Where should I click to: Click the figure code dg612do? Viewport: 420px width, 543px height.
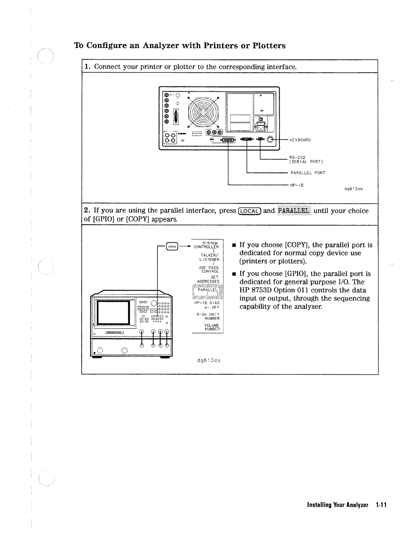click(x=353, y=189)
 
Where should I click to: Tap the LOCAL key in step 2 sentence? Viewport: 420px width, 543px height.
click(x=249, y=211)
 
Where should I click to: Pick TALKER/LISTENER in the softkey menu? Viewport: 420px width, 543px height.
click(x=210, y=256)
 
